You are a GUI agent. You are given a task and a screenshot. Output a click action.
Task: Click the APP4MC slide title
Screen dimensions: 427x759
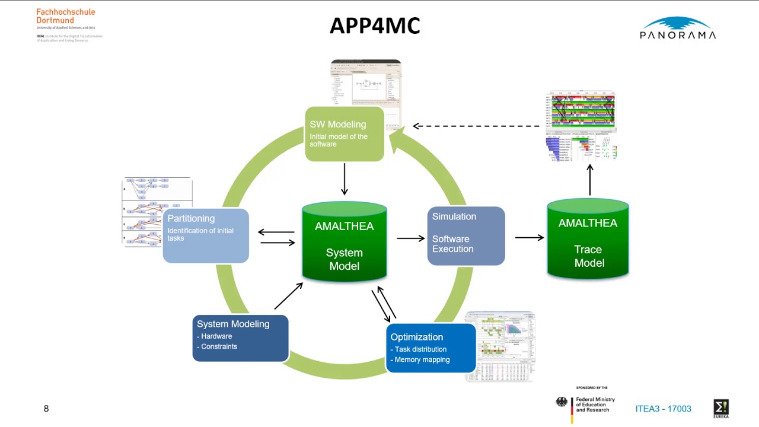coord(375,26)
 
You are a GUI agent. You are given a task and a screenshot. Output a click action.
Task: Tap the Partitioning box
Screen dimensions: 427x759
coord(205,235)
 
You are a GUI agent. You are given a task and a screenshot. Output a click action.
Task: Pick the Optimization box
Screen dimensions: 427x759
coord(430,348)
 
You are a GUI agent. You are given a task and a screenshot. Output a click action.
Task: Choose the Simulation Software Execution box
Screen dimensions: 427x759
coord(465,235)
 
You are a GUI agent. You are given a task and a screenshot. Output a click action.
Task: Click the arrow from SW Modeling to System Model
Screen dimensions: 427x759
coord(344,179)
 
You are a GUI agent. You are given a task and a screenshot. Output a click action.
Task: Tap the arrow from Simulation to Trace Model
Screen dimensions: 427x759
coord(529,238)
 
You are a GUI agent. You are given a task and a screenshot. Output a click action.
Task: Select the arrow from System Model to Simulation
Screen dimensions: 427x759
coord(410,238)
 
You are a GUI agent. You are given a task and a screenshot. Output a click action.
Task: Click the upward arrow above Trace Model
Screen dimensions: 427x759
coord(590,180)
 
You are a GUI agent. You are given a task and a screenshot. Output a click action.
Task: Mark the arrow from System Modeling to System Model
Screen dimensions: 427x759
coord(288,296)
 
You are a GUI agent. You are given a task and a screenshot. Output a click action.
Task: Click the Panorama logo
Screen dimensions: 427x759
coord(678,28)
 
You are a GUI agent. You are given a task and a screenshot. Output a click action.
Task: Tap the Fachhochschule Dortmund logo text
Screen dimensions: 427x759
coord(65,17)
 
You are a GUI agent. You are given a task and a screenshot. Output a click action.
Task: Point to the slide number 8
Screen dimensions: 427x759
coord(46,409)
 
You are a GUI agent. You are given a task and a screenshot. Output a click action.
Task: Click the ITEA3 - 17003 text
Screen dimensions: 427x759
coord(663,409)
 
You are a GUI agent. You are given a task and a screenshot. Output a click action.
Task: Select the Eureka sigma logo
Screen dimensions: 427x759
coord(721,408)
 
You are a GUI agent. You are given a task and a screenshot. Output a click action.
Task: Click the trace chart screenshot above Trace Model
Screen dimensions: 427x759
coord(581,126)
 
